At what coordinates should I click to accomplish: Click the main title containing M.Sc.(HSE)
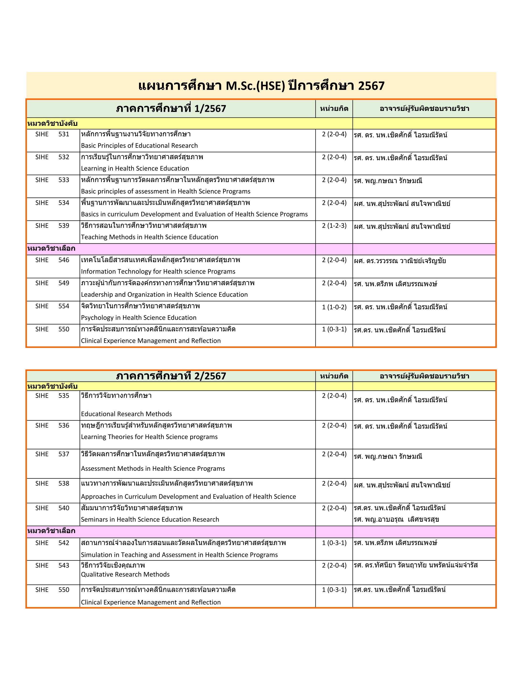(x=261, y=86)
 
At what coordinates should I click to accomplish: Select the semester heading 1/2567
(x=171, y=109)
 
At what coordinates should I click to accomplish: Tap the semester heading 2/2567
(x=171, y=376)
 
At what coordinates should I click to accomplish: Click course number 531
(x=64, y=134)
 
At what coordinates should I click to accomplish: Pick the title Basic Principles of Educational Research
(x=139, y=146)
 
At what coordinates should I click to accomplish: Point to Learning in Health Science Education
(x=135, y=168)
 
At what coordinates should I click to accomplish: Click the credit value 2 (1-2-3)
(x=334, y=226)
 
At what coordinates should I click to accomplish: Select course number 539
(x=64, y=226)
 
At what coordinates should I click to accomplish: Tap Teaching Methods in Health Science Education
(x=150, y=237)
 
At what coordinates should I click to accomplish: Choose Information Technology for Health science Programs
(x=158, y=272)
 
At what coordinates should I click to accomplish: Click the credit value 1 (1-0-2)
(x=334, y=307)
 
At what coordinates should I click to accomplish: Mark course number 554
(x=64, y=306)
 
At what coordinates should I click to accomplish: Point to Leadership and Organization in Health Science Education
(x=164, y=295)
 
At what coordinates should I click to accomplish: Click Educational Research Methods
(x=126, y=414)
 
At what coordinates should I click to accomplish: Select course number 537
(x=64, y=454)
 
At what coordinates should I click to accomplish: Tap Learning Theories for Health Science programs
(x=149, y=437)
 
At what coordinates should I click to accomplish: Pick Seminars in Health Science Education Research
(x=150, y=519)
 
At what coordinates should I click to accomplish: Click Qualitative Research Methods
(x=125, y=574)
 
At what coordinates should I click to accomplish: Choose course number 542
(x=64, y=543)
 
